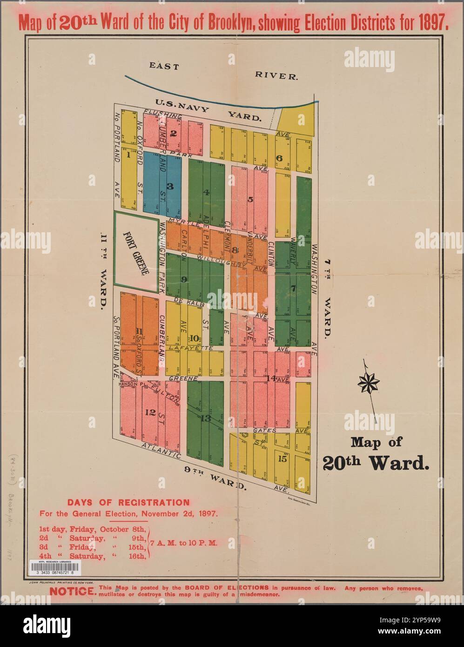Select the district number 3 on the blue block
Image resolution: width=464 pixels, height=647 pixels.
coord(170,186)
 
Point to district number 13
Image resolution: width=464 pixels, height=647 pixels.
coord(206,418)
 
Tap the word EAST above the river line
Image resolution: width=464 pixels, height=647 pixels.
coord(164,67)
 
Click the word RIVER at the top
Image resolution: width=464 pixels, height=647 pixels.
coord(276,75)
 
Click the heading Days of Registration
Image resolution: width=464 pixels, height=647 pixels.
coord(128,502)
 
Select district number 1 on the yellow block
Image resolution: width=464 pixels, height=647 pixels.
coord(128,156)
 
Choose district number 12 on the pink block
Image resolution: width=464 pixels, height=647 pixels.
coord(150,412)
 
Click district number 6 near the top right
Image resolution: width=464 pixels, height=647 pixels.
coord(279,158)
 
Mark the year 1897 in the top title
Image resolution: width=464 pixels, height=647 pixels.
coord(427,24)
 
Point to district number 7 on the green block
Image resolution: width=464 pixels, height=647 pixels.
coord(293,288)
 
